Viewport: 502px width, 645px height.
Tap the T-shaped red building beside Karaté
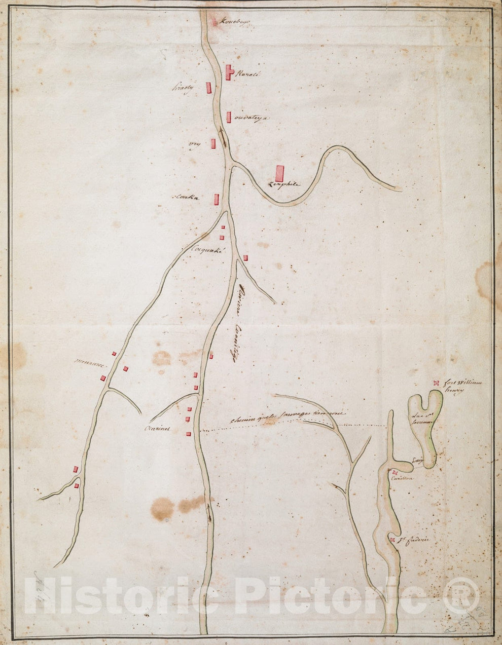pos(229,72)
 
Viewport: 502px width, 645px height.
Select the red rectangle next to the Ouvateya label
pos(229,117)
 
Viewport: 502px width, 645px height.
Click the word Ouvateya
pos(251,118)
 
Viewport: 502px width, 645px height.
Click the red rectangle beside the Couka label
pos(217,199)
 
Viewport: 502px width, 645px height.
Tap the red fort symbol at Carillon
pos(395,472)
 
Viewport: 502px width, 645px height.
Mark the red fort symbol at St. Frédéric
pos(393,541)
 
